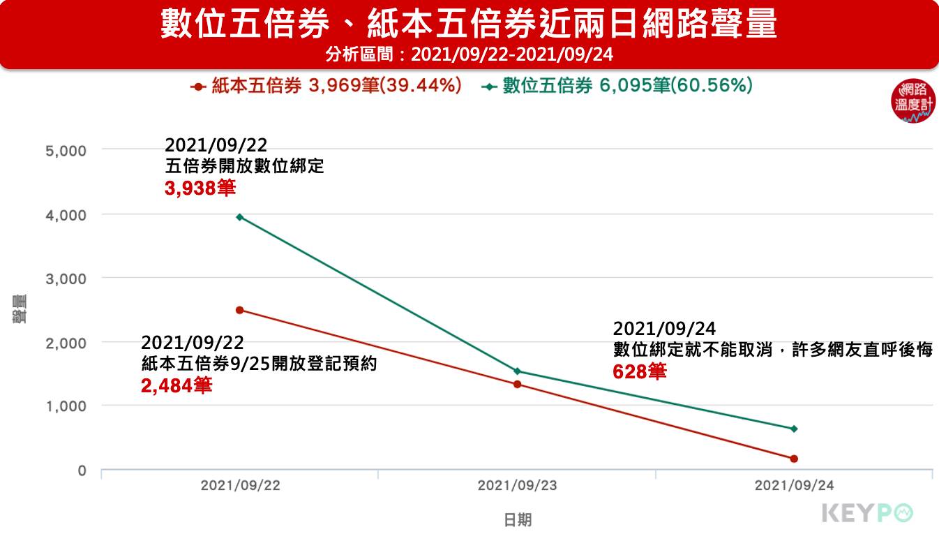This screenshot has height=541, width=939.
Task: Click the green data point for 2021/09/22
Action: pyautogui.click(x=240, y=217)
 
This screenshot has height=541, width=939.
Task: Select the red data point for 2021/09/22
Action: pyautogui.click(x=240, y=310)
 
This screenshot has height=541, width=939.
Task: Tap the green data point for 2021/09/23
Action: pyautogui.click(x=517, y=371)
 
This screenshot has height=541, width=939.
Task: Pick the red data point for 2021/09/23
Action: pyautogui.click(x=517, y=384)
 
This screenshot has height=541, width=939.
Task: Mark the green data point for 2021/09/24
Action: pyautogui.click(x=794, y=429)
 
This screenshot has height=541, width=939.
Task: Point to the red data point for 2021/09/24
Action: pyautogui.click(x=794, y=459)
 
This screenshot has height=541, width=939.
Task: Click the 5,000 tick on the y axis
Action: pyautogui.click(x=66, y=151)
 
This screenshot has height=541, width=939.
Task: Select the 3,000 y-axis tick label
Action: pyautogui.click(x=66, y=279)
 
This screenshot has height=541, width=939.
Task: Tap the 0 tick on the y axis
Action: pyautogui.click(x=82, y=470)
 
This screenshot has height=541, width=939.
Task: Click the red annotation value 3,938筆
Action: pyautogui.click(x=200, y=188)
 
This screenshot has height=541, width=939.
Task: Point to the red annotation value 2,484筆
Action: pyautogui.click(x=176, y=385)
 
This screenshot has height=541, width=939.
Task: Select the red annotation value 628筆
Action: pyautogui.click(x=639, y=371)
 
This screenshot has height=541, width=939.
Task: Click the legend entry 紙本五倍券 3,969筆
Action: pyautogui.click(x=326, y=87)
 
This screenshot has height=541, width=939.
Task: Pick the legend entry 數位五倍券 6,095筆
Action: pyautogui.click(x=617, y=87)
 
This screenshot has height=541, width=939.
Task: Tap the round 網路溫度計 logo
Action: pyautogui.click(x=913, y=102)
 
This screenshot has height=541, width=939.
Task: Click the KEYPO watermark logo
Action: pyautogui.click(x=867, y=513)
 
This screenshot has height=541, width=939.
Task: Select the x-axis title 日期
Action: pyautogui.click(x=517, y=520)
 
